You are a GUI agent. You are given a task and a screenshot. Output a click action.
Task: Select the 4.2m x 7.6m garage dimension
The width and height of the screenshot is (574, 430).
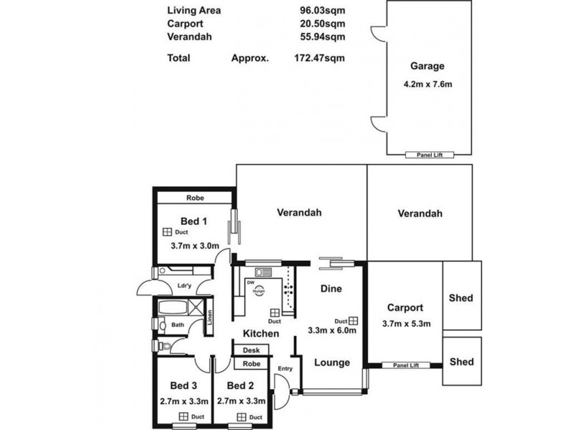coord(429,84)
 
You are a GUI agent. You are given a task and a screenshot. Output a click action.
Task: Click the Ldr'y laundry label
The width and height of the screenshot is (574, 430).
coord(184,287)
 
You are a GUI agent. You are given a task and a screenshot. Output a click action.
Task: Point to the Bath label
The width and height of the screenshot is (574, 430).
coord(177,325)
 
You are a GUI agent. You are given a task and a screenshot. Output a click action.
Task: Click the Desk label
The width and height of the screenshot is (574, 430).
coord(250,350)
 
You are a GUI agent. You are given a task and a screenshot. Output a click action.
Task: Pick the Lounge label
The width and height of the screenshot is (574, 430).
coord(332,363)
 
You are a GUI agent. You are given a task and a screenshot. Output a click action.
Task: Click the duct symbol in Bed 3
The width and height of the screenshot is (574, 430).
coord(183,416)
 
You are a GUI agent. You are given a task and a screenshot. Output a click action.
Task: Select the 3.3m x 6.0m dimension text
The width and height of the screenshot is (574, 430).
coord(331,331)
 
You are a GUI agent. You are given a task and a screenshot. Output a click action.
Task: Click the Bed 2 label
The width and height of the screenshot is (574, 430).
coord(242,384)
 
